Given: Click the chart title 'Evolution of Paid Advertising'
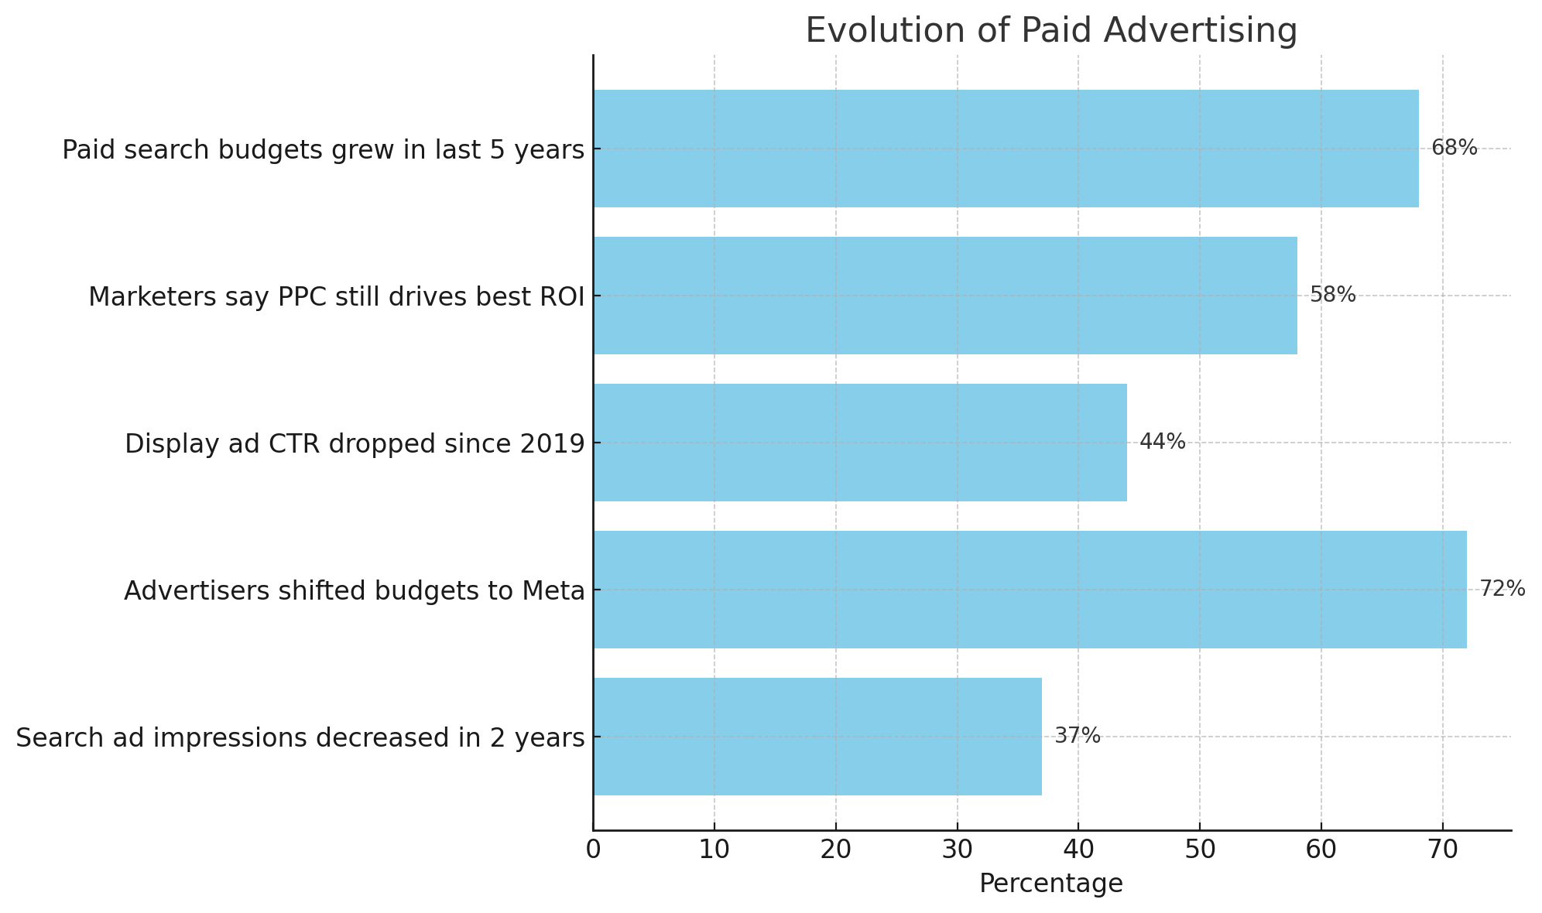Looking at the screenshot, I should click(1051, 31).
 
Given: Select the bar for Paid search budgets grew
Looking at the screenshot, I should click(1006, 149).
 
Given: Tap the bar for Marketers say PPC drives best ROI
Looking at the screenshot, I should click(944, 296).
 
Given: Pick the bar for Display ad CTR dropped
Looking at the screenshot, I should click(859, 443).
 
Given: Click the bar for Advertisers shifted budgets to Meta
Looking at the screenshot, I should click(1030, 590).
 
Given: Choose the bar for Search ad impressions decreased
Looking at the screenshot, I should click(817, 737).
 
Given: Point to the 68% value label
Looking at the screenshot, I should click(1454, 148).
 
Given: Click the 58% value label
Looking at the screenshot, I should click(1332, 295).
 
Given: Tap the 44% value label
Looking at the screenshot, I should click(1162, 442).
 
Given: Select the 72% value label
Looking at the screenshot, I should click(1502, 589).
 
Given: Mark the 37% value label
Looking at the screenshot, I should click(1077, 736).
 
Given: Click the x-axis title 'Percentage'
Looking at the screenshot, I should click(1050, 884).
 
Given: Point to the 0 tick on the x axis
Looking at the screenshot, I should click(593, 850).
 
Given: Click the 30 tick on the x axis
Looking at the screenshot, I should click(957, 850).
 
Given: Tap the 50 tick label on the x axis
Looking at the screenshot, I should click(1200, 850).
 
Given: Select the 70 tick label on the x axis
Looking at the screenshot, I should click(1442, 850).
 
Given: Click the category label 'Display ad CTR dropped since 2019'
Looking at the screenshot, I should click(355, 444).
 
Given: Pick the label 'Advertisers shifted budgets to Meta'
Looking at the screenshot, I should click(354, 591).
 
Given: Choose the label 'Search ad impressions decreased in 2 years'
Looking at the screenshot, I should click(300, 738).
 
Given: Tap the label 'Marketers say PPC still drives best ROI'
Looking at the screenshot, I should click(336, 297).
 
